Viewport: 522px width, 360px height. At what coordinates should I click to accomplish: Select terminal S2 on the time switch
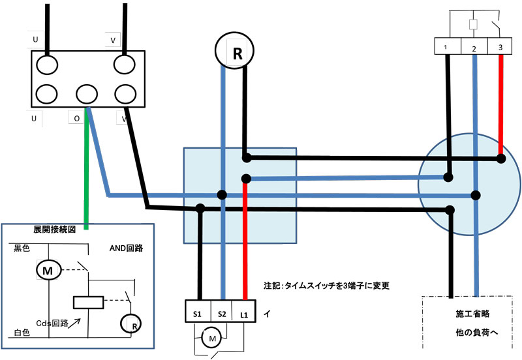tap(222, 314)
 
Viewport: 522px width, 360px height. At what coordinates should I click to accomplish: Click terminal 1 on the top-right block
tap(446, 47)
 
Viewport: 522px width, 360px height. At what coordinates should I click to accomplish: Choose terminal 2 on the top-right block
tap(474, 48)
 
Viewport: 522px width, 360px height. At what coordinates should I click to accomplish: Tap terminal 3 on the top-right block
tap(500, 47)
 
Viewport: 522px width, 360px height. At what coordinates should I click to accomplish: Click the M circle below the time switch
tap(211, 338)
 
